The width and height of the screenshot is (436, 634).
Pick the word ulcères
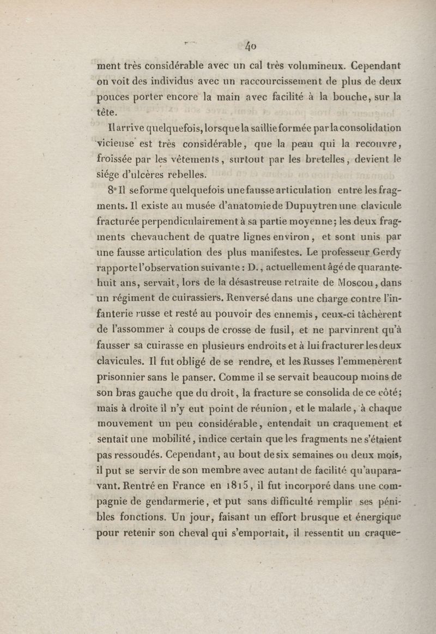(x=157, y=175)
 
